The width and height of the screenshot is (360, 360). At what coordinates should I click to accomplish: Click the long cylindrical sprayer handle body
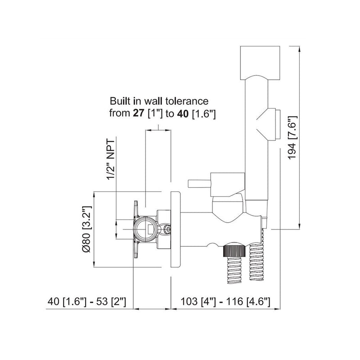pyautogui.click(x=255, y=148)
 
